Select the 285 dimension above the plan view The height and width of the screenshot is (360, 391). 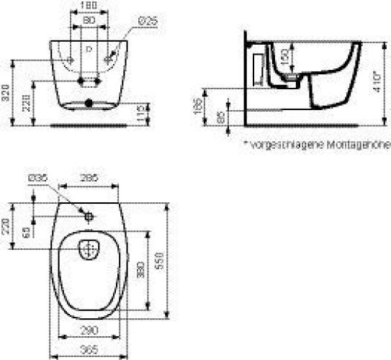tap(88, 177)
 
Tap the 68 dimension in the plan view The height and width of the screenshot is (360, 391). tap(27, 233)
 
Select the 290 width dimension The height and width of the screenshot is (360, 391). tap(88, 329)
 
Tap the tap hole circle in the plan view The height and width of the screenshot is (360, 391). tap(87, 216)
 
